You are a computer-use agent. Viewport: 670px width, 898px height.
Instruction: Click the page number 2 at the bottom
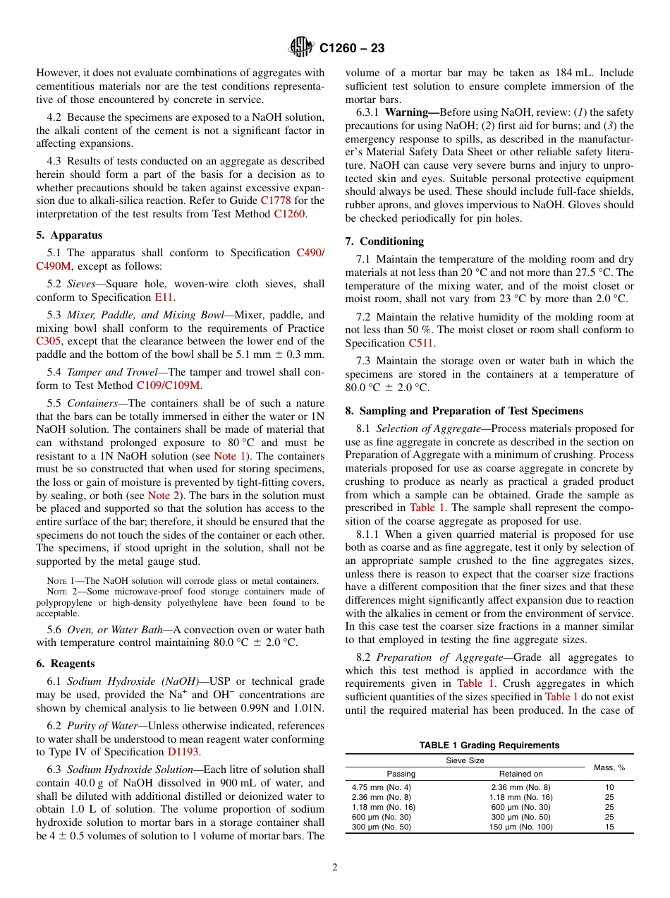[335, 868]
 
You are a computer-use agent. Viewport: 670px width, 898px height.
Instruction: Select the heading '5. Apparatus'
[69, 235]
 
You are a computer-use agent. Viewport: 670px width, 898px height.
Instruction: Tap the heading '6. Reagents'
[65, 664]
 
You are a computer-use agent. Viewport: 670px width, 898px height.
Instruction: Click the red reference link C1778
[274, 200]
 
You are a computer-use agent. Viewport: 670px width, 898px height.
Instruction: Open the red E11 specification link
[164, 297]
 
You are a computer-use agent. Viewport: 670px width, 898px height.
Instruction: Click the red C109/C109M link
[168, 385]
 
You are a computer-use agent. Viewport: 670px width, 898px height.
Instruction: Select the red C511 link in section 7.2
[421, 343]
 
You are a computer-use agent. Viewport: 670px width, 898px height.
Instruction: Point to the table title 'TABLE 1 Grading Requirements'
[489, 746]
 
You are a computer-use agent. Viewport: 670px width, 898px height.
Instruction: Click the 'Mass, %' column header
[609, 767]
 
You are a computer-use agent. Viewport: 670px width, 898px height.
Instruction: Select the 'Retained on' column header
[520, 774]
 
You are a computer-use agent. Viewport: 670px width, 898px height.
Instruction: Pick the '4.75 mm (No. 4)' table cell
[381, 786]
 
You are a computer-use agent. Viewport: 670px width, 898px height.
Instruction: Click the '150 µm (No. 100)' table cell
[520, 827]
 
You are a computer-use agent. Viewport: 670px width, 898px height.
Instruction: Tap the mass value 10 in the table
[609, 786]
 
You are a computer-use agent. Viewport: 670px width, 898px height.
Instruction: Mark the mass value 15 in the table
[609, 827]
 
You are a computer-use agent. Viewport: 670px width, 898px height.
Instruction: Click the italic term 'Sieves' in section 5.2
[81, 284]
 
